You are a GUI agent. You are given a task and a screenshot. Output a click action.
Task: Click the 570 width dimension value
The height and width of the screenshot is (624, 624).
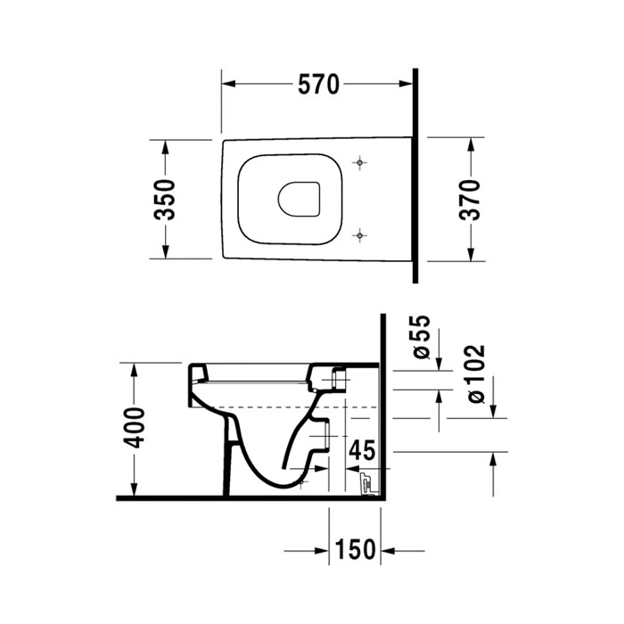pos(317,85)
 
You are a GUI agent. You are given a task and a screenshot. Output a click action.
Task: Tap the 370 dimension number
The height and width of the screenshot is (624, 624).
pos(470,199)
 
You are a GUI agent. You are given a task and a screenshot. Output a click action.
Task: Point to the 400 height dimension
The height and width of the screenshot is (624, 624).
pos(134,430)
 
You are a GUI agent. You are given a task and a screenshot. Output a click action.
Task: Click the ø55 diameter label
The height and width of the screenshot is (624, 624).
pos(422,338)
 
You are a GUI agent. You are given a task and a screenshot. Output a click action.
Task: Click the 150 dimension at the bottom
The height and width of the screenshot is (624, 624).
pos(356,550)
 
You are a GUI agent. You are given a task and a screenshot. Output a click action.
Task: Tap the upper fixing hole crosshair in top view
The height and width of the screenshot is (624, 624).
pos(359,163)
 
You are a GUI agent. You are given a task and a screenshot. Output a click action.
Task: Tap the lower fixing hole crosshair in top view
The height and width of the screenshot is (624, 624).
pos(359,234)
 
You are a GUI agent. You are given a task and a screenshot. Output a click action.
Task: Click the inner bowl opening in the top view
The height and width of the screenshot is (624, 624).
pos(299,200)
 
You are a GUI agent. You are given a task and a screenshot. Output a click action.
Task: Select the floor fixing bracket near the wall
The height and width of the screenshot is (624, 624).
pos(364,485)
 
